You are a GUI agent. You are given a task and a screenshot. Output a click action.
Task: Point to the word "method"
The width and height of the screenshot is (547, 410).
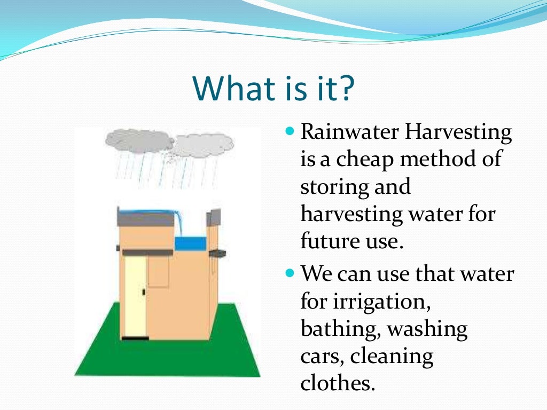click(x=443, y=159)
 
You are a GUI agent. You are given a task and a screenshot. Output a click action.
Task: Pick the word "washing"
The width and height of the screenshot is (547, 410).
click(x=427, y=329)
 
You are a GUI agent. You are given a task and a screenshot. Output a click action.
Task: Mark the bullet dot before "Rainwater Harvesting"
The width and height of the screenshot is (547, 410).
click(x=291, y=130)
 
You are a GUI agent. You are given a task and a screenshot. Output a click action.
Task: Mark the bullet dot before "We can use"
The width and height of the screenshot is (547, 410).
click(x=291, y=273)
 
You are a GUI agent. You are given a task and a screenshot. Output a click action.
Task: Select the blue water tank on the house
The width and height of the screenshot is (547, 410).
click(x=190, y=243)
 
